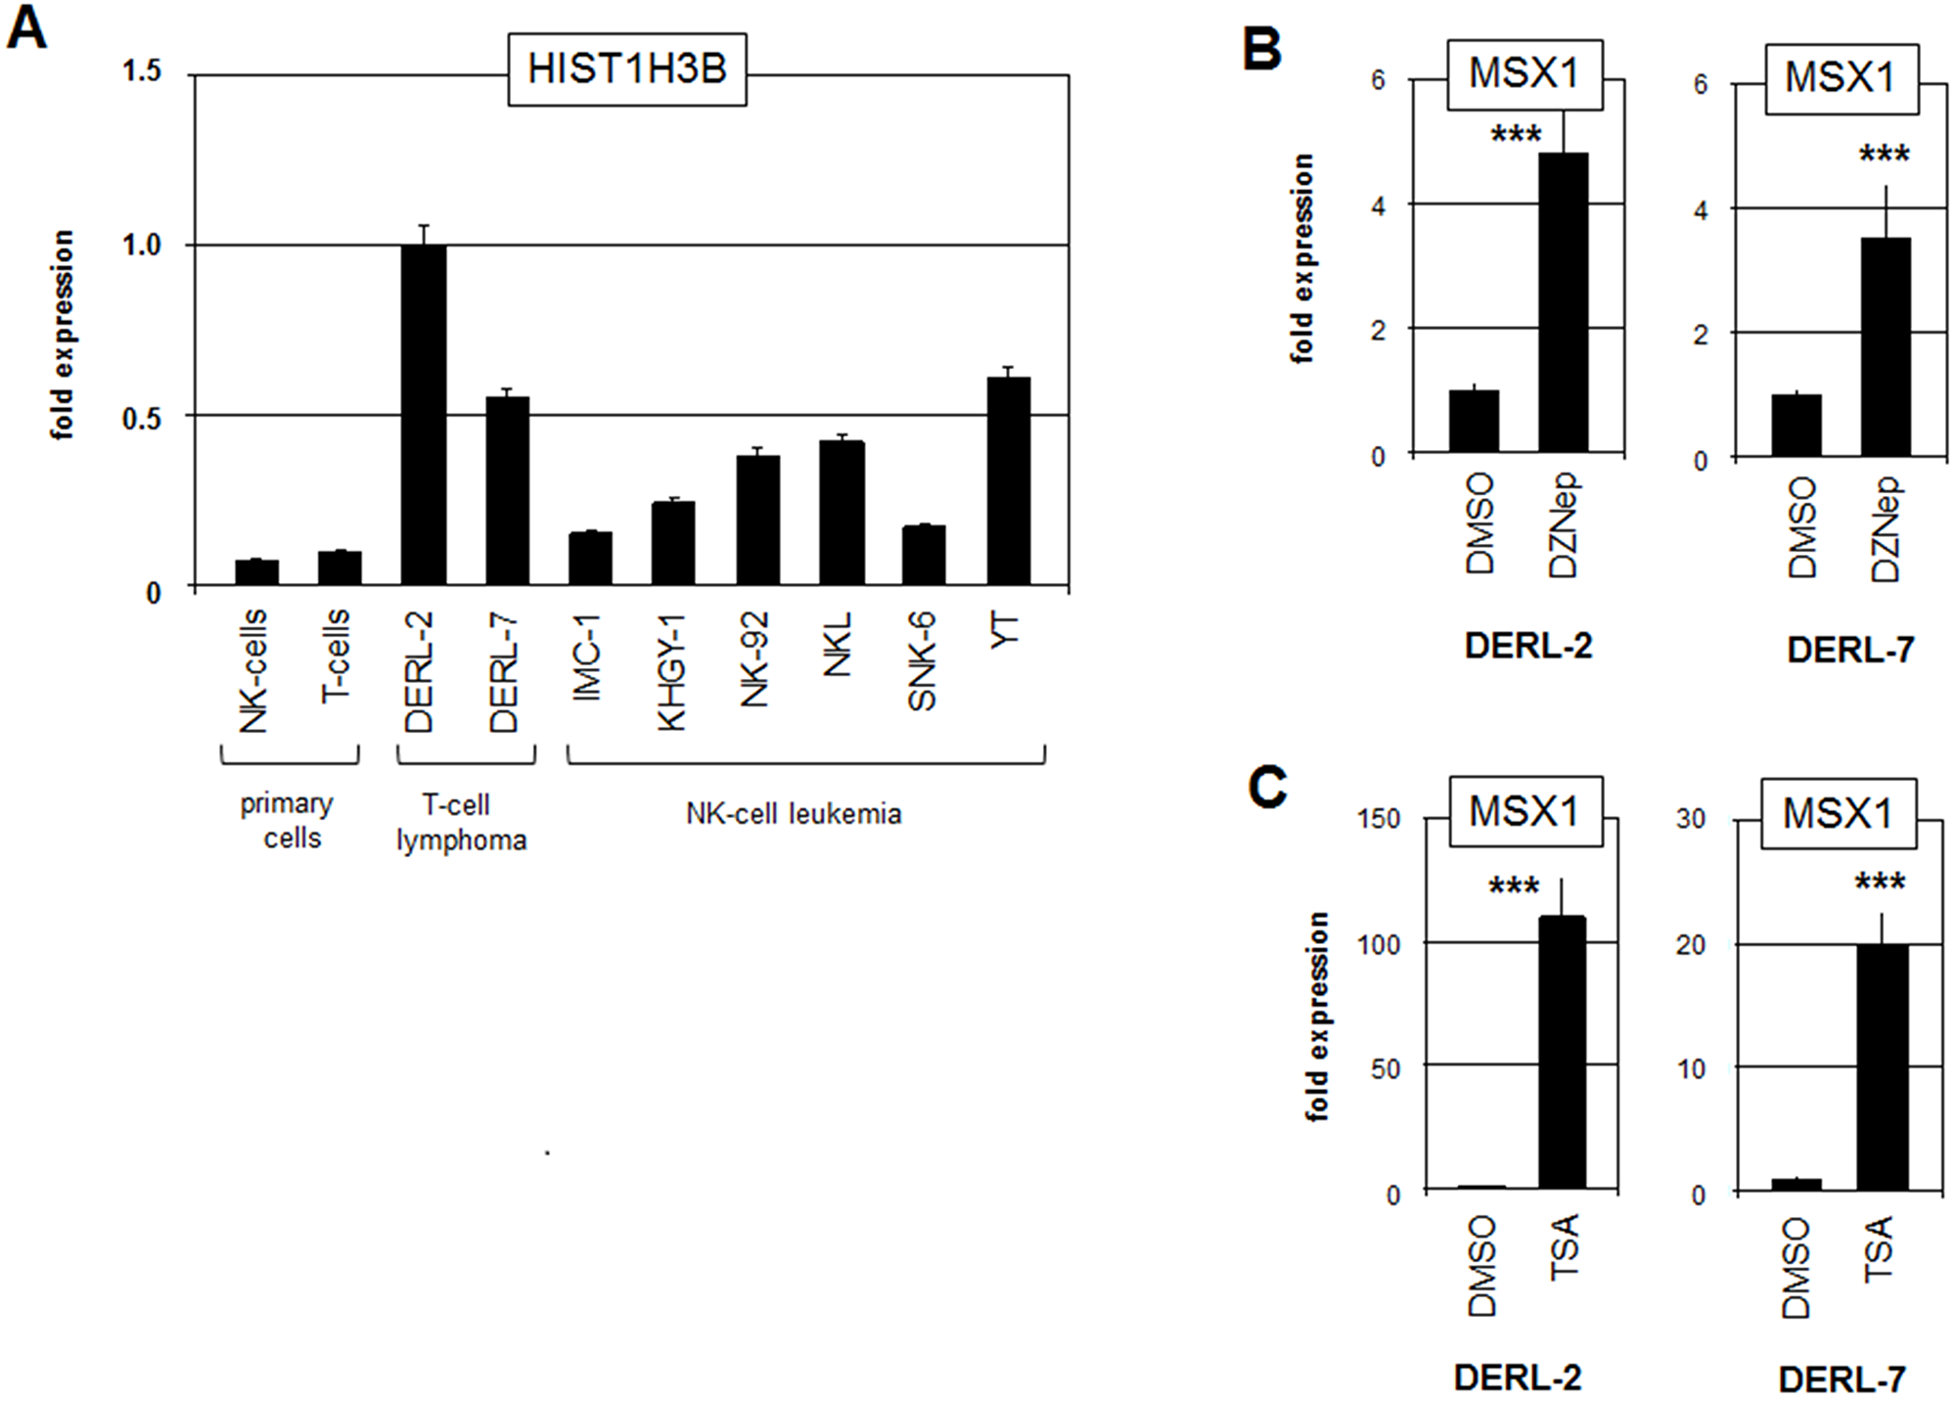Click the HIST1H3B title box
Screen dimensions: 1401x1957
(627, 69)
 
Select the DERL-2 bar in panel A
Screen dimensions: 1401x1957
(424, 416)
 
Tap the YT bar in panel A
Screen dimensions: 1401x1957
(1008, 481)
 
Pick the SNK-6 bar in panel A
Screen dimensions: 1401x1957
(924, 556)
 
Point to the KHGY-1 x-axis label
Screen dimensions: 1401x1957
(672, 672)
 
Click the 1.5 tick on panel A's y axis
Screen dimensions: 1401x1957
(142, 72)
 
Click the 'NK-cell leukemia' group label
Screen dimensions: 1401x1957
(794, 814)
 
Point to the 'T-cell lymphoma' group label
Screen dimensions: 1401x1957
(461, 823)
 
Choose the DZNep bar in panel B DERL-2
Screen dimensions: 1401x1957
(1563, 303)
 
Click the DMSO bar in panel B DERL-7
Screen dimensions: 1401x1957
(1796, 426)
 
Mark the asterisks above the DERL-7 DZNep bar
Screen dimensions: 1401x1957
(1884, 155)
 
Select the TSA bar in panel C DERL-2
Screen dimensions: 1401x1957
(1562, 1053)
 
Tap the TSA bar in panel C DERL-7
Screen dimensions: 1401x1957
(1883, 1067)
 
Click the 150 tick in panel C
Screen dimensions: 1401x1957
(1379, 818)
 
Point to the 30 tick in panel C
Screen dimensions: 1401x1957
(1691, 819)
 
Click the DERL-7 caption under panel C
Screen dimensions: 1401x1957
(1842, 1379)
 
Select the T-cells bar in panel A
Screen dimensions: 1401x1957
(340, 568)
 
